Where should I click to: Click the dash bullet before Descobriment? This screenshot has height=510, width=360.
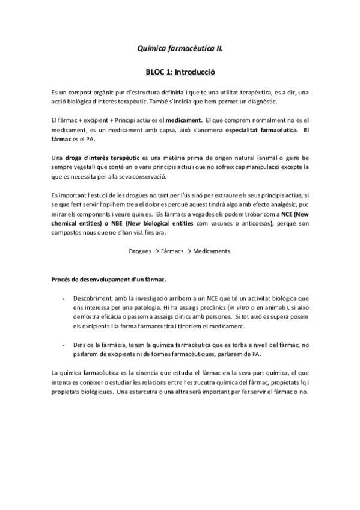tap(64, 298)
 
